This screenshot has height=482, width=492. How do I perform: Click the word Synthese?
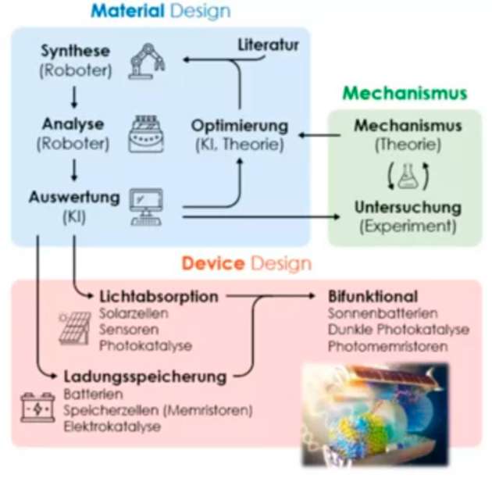(x=75, y=52)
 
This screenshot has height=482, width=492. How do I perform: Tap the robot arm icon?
(x=145, y=60)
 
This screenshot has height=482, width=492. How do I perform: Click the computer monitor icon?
(x=146, y=205)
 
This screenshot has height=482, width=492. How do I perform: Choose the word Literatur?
(x=268, y=45)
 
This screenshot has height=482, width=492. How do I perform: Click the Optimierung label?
(x=240, y=126)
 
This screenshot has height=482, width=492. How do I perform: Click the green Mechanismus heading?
(x=405, y=94)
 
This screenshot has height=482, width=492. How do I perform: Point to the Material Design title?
(x=160, y=11)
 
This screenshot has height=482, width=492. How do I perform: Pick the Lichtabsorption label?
(x=159, y=297)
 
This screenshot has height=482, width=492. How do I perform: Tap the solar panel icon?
(x=76, y=328)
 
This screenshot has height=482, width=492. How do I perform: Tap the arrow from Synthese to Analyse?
(x=75, y=96)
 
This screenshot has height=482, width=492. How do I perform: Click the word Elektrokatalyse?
(x=112, y=427)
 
